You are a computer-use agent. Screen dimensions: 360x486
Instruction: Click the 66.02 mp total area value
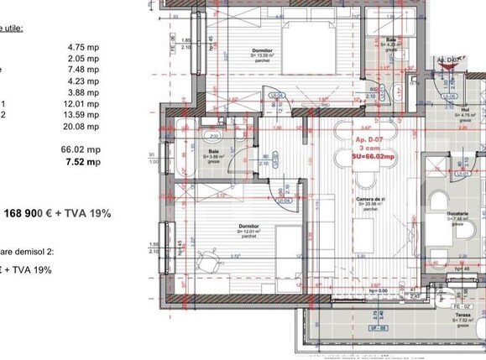83,149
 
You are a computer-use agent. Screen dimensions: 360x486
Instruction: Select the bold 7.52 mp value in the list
83,162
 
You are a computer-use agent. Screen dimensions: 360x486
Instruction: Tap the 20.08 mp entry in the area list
83,127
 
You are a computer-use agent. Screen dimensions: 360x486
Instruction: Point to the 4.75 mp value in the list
83,59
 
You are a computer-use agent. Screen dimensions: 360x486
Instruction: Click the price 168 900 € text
41,212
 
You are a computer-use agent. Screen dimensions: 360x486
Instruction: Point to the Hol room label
464,108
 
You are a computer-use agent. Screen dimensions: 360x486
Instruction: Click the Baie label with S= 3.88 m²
214,152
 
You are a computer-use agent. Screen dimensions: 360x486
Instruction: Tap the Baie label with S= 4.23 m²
389,40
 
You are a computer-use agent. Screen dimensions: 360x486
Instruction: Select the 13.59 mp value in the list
83,115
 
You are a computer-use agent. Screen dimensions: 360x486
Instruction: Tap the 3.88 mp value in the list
83,92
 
